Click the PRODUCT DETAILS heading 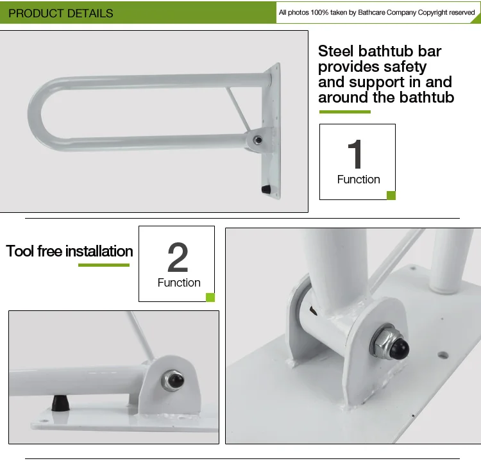(x=61, y=13)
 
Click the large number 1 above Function (x=355, y=154)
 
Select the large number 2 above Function (x=178, y=257)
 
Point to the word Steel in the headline (x=335, y=51)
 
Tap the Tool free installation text (x=69, y=251)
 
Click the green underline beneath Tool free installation (x=104, y=265)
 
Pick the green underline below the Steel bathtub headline (x=345, y=112)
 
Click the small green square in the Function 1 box (x=391, y=196)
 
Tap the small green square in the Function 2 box (x=210, y=298)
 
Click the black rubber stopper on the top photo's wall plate (x=266, y=189)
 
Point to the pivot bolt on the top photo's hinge (x=258, y=140)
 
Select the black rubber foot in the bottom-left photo (x=60, y=403)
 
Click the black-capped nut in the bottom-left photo (x=173, y=380)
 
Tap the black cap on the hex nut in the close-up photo (x=400, y=348)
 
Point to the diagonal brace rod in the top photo (x=239, y=108)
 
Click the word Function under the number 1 (x=359, y=180)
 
